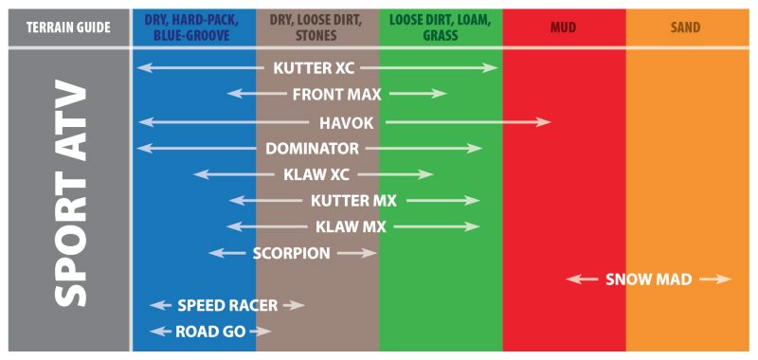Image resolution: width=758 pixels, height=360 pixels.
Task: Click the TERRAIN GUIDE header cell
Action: tap(68, 27)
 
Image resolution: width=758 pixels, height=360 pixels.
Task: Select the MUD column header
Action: tap(563, 27)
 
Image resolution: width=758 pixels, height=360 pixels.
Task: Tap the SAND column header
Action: tap(685, 27)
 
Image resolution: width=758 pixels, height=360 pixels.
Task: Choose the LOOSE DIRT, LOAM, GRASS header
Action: tap(441, 27)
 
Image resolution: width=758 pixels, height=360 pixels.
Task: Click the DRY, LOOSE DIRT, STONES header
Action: tap(317, 27)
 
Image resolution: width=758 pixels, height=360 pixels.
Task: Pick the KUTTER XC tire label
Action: tap(314, 68)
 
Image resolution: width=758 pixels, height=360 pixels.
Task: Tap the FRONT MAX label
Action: tap(337, 94)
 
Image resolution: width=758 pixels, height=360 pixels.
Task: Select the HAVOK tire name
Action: tap(347, 123)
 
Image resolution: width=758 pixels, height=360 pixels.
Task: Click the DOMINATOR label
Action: tap(313, 149)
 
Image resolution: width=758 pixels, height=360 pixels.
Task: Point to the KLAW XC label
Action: tap(316, 174)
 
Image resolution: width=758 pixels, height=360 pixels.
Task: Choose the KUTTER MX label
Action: tap(353, 201)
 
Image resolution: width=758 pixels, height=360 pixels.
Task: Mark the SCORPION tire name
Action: tap(292, 253)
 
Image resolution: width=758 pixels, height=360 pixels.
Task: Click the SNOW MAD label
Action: tap(649, 279)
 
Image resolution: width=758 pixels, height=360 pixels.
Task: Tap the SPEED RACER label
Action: tap(227, 305)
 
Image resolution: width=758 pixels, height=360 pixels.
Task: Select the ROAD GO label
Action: tap(210, 332)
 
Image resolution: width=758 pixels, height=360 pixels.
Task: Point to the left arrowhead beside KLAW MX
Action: tap(234, 226)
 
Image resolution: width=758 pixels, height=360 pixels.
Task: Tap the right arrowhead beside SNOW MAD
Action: tap(724, 279)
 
